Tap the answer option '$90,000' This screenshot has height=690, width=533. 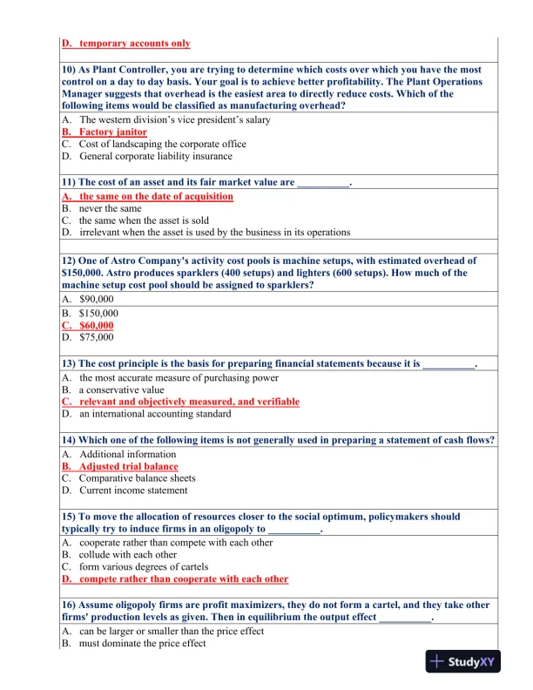tap(97, 298)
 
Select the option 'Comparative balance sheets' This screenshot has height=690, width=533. tap(137, 478)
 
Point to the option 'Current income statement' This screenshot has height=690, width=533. tap(133, 490)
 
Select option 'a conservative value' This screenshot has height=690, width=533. tap(121, 389)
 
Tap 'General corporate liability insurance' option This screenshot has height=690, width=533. tap(155, 156)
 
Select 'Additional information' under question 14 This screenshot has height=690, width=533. tap(127, 454)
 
